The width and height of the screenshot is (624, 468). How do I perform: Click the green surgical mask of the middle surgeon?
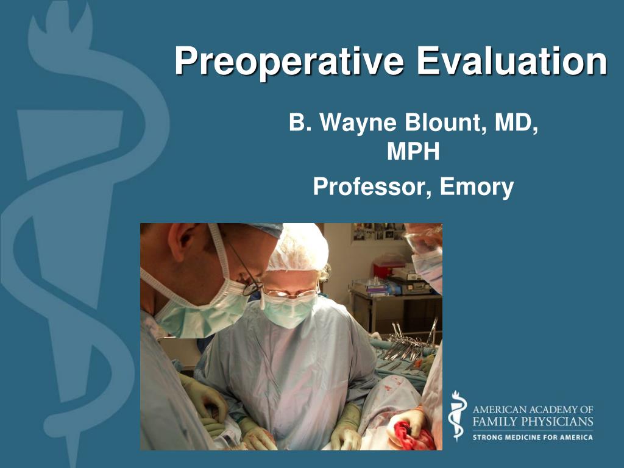coord(290,311)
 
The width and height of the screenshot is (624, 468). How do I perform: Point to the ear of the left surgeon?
coord(183,241)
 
